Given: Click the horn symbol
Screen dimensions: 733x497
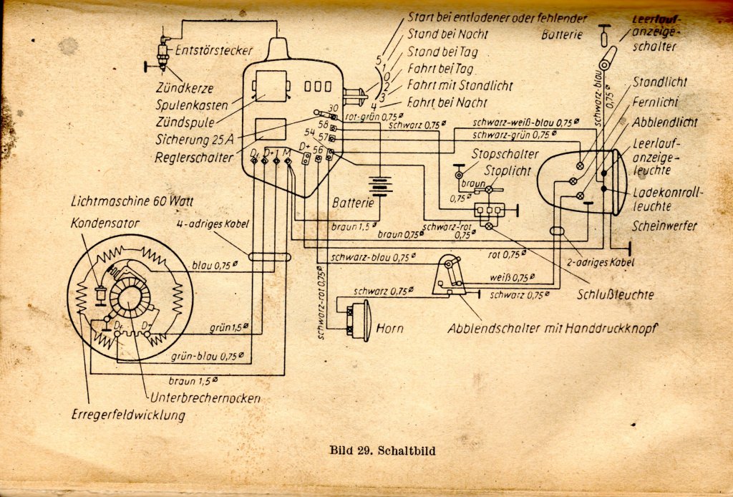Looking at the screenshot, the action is (x=359, y=319).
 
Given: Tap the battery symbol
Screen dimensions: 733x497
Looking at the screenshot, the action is (x=379, y=186).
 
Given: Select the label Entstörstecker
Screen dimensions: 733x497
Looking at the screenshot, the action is (x=213, y=50).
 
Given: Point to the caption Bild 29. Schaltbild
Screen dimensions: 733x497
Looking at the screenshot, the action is (x=382, y=450).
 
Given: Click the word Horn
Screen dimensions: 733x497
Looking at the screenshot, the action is (x=390, y=328).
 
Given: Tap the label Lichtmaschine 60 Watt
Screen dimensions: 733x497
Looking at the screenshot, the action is (x=132, y=201).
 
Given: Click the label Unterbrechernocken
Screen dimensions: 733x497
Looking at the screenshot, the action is (x=205, y=398).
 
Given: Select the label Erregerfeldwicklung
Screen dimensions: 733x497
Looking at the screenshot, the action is (x=128, y=415).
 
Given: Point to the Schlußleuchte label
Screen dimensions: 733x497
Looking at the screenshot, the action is (x=615, y=294).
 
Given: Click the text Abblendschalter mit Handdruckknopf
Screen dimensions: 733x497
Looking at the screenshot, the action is (x=552, y=328).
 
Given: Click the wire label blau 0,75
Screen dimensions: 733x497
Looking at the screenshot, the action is (x=215, y=266).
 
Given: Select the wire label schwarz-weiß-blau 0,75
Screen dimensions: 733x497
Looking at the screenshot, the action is (x=526, y=123).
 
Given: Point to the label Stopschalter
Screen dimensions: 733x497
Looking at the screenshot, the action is (x=505, y=154).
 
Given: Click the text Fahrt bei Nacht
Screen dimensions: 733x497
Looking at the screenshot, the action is (x=447, y=102).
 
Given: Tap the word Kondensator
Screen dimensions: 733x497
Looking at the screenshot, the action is (x=105, y=223).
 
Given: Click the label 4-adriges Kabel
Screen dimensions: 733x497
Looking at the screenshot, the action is (x=213, y=224).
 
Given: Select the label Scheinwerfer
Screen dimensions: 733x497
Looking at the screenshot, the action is (x=664, y=226).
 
